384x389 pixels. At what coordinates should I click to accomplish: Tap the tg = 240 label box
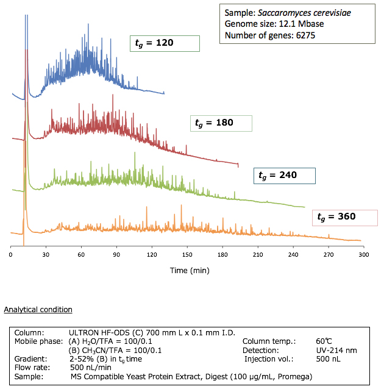tap(284, 175)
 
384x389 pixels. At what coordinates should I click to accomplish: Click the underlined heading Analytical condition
tap(38, 310)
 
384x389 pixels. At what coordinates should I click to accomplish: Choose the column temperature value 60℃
tap(322, 341)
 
